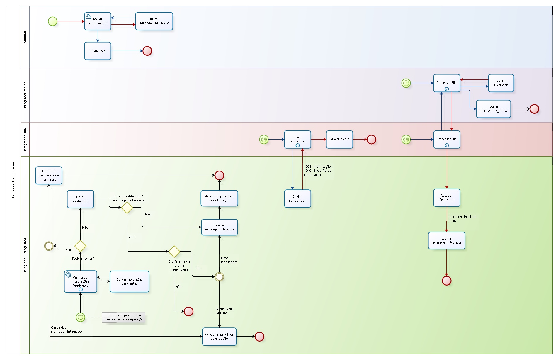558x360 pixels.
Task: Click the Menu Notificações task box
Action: [98, 21]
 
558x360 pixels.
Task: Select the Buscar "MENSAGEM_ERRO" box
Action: [154, 21]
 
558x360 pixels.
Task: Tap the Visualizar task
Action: [98, 51]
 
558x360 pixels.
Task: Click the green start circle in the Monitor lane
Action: [53, 21]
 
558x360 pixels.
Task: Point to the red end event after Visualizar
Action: [147, 51]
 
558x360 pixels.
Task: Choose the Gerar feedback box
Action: [501, 83]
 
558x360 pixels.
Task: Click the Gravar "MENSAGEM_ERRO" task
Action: [493, 109]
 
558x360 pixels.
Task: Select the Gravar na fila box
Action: [339, 139]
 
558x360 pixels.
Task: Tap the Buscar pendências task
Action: [297, 139]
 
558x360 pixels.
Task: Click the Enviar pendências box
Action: [297, 198]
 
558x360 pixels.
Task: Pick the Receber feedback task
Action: [446, 198]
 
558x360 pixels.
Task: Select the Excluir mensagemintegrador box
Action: [446, 240]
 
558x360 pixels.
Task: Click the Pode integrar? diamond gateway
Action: [80, 246]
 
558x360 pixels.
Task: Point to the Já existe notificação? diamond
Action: [127, 208]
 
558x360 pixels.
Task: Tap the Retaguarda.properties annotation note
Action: [123, 317]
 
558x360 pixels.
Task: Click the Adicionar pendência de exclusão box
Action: [219, 337]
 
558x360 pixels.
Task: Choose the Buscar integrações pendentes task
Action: [129, 281]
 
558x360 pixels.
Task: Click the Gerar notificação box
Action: [80, 199]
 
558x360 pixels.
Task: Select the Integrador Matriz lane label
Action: [25, 95]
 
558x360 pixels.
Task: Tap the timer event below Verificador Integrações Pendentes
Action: [80, 317]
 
